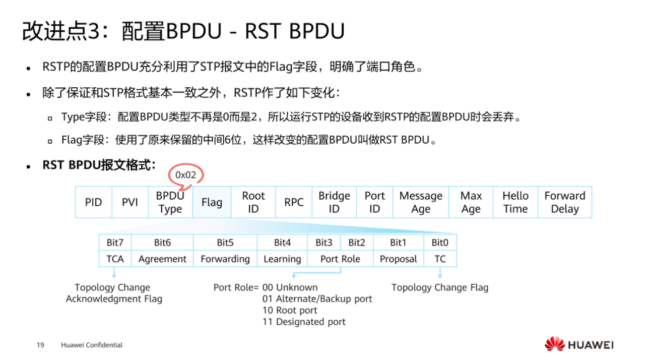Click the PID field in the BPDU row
point(93,202)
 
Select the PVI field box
point(130,202)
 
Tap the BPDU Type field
point(170,202)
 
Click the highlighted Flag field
point(212,202)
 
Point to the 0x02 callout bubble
point(185,175)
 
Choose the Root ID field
point(253,202)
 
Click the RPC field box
point(294,202)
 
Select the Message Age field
point(421,202)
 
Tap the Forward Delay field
point(565,202)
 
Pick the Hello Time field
point(515,202)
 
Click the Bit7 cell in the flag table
point(115,243)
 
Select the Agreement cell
point(162,259)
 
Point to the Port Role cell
point(340,259)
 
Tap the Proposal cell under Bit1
point(398,259)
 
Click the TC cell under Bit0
point(440,259)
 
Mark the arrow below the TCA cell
point(114,273)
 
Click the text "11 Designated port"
point(304,322)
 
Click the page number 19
point(40,345)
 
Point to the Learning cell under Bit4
point(282,259)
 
